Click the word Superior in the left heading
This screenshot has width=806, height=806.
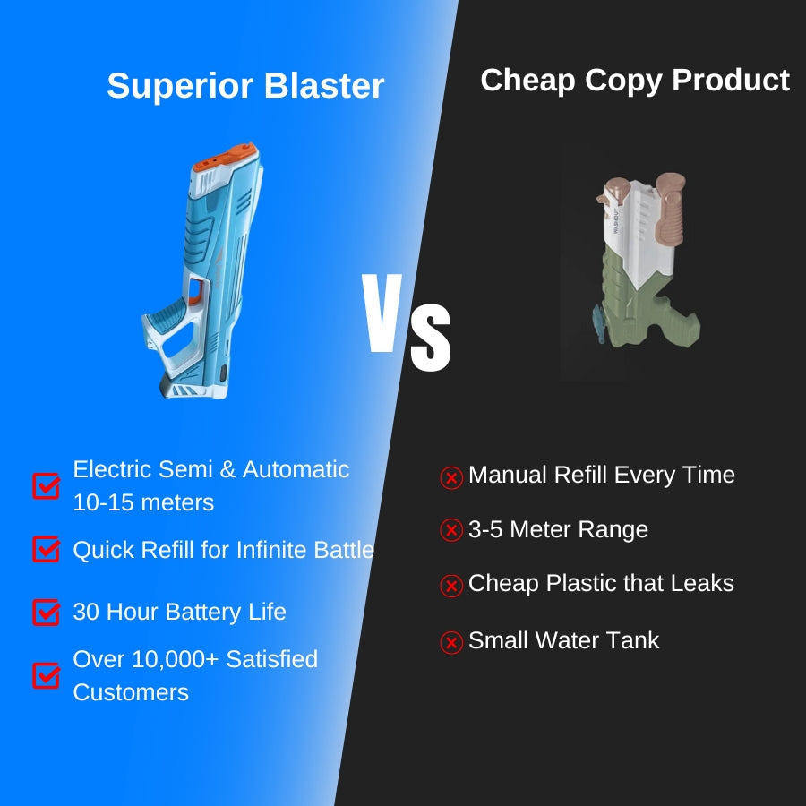pyautogui.click(x=180, y=86)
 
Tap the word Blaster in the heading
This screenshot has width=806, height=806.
pyautogui.click(x=324, y=85)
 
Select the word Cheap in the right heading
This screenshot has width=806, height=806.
pyautogui.click(x=527, y=81)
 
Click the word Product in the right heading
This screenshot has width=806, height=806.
pyautogui.click(x=731, y=81)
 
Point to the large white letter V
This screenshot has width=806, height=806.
pyautogui.click(x=382, y=313)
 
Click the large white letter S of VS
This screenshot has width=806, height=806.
pyautogui.click(x=431, y=338)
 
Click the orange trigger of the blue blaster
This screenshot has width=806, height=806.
pyautogui.click(x=195, y=291)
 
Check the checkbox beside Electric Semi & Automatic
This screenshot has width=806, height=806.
pyautogui.click(x=46, y=485)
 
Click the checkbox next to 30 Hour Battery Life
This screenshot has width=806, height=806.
pyautogui.click(x=46, y=613)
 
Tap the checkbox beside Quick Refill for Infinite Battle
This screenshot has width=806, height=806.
pyautogui.click(x=46, y=549)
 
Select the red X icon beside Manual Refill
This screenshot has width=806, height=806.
pyautogui.click(x=451, y=477)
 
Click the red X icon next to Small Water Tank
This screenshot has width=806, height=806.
pyautogui.click(x=451, y=642)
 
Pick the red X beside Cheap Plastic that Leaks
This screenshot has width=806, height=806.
pyautogui.click(x=451, y=586)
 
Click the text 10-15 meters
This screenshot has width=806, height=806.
pyautogui.click(x=143, y=502)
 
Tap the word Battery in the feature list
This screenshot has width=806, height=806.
pyautogui.click(x=203, y=613)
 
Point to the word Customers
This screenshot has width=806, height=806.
pyautogui.click(x=131, y=692)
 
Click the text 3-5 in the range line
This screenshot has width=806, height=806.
pyautogui.click(x=485, y=529)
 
